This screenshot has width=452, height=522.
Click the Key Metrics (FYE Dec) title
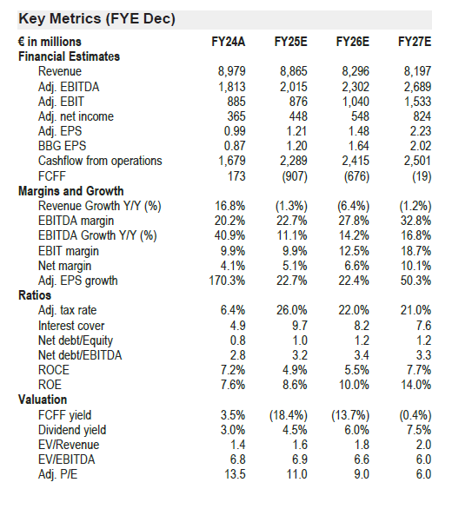[97, 18]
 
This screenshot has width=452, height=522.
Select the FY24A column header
[229, 42]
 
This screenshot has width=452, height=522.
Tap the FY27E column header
[415, 42]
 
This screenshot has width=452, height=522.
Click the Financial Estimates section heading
[69, 56]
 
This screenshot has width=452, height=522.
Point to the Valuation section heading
[43, 400]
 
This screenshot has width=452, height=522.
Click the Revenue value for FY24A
[232, 71]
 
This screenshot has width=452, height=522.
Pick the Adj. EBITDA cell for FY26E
[356, 87]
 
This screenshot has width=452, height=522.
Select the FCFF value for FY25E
[295, 176]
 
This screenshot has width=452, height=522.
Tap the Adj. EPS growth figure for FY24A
[227, 281]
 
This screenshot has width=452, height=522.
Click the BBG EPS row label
[62, 146]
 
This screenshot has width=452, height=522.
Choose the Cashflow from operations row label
[100, 161]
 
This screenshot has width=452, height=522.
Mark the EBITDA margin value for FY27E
[415, 221]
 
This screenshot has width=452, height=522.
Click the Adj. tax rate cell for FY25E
[292, 310]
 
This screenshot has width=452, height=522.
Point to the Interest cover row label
[71, 326]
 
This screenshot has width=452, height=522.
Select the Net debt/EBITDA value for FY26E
[362, 355]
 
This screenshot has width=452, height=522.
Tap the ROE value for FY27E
[415, 385]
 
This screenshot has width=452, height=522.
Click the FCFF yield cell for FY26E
[350, 415]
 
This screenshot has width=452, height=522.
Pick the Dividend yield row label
[72, 430]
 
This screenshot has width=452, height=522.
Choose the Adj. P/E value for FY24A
[236, 474]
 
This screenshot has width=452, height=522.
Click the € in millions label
[50, 42]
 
